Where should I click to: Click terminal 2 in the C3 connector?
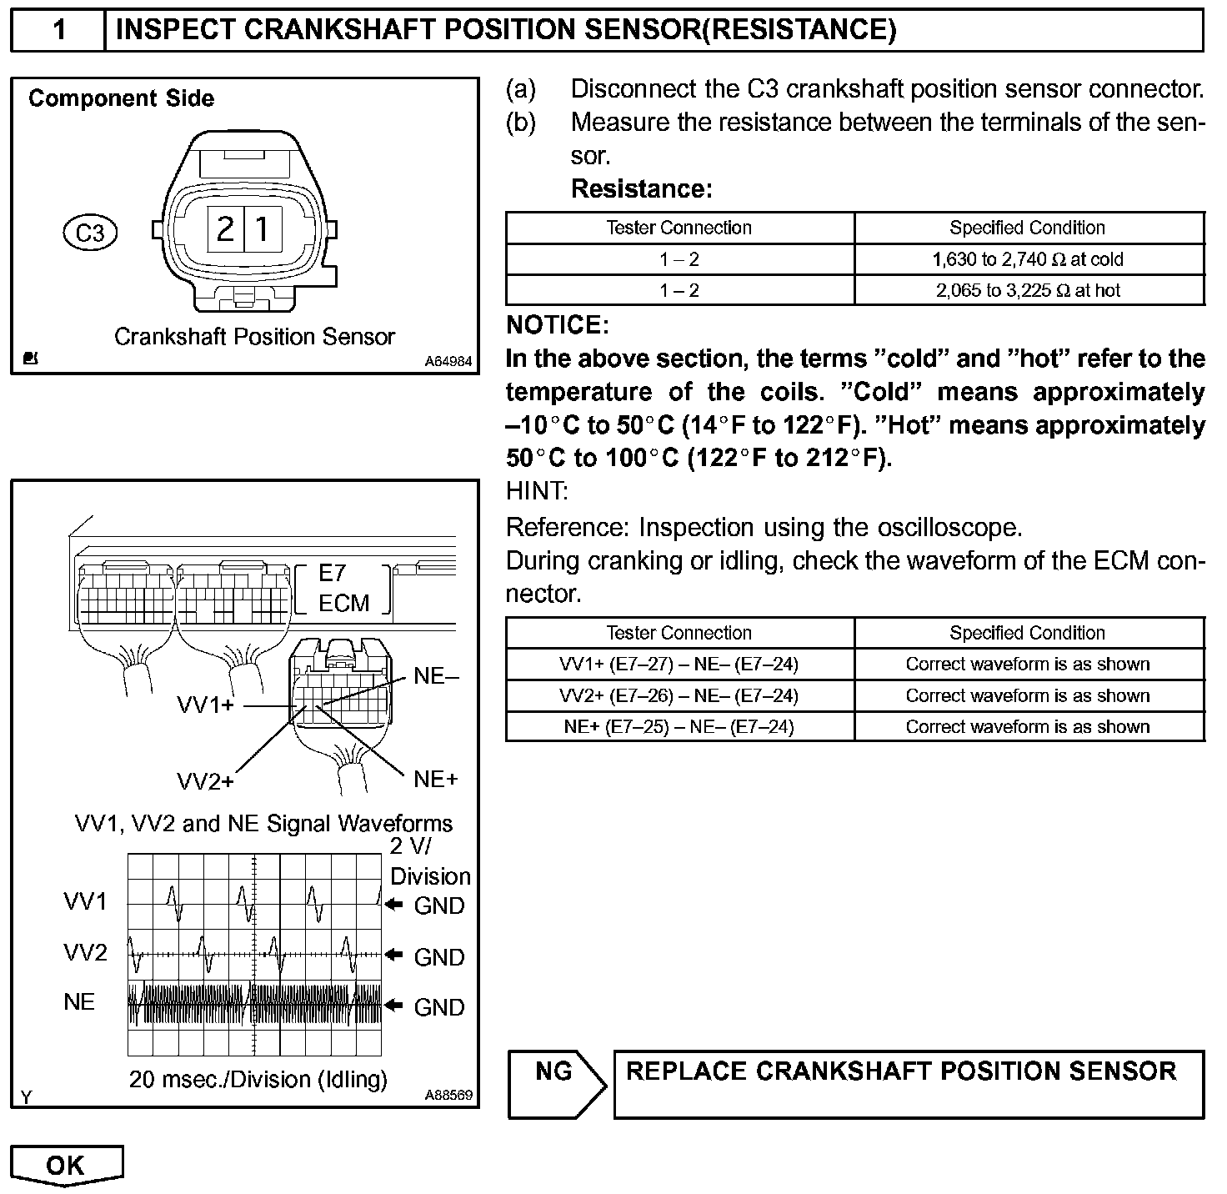[225, 228]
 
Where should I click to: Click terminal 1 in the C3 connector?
[263, 228]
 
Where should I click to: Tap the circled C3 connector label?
[90, 233]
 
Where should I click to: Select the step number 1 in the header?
[58, 30]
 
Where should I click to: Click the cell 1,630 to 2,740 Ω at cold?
[1028, 259]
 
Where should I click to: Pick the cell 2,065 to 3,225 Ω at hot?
[1028, 290]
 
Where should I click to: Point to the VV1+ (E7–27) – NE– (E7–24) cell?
[679, 665]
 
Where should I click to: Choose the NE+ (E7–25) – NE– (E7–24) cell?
[679, 727]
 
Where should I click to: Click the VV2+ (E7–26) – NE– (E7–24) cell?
[679, 696]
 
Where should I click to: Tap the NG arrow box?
[555, 1082]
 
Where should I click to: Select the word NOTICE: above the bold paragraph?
[557, 325]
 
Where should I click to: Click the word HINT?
[537, 491]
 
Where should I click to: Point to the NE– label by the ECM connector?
[436, 676]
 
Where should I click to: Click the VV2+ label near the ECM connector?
[205, 781]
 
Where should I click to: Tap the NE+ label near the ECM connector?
[436, 780]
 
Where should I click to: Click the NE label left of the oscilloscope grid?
[79, 1001]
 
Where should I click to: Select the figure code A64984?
[448, 362]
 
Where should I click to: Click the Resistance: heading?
[641, 189]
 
